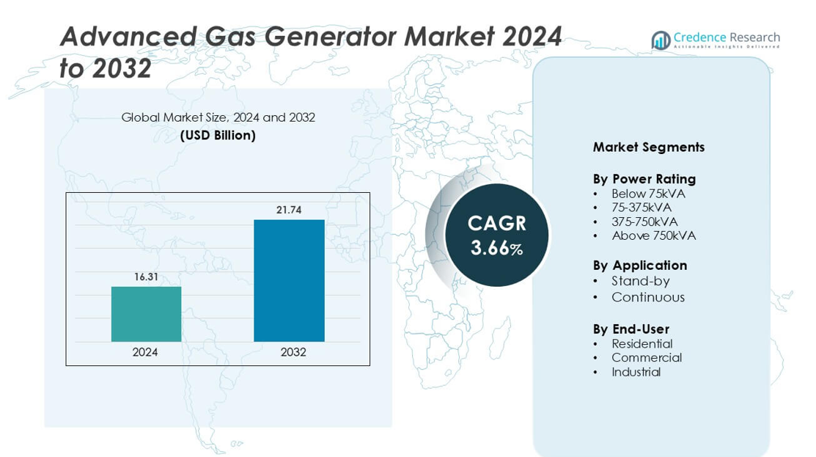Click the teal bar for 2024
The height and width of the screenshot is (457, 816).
(146, 314)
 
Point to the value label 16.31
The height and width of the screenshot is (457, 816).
(146, 277)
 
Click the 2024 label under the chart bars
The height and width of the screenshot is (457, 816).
(145, 352)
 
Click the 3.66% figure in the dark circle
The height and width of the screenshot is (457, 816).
(496, 249)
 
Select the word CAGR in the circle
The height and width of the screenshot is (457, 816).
(496, 223)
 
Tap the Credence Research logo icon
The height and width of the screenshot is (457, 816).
(661, 40)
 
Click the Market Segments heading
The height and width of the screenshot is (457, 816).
(648, 147)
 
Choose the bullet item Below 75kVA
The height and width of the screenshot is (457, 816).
(648, 194)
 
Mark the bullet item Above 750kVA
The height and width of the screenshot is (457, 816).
(653, 235)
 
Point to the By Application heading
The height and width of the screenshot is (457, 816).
(639, 266)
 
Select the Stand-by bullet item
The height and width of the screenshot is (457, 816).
(641, 281)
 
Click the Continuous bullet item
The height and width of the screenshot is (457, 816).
(648, 297)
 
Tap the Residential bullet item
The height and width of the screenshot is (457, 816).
(642, 343)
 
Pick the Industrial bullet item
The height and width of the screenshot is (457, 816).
(636, 372)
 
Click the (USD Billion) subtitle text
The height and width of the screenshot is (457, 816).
(218, 135)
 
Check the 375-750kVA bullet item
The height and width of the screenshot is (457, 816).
(644, 222)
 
